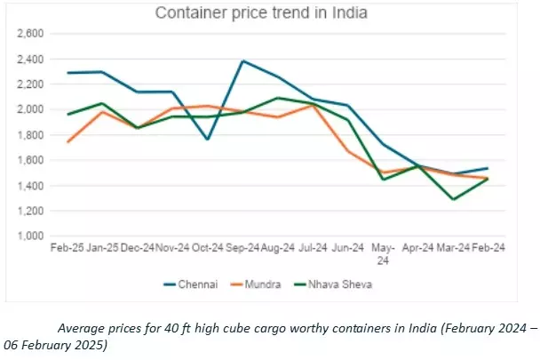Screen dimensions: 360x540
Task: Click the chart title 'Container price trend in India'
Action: [x=262, y=13]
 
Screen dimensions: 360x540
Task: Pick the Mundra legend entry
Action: [x=264, y=285]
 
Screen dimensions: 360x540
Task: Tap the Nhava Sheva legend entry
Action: [x=339, y=285]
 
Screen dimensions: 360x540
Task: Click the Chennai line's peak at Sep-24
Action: [x=242, y=61]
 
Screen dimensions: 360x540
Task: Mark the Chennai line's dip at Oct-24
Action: [x=207, y=140]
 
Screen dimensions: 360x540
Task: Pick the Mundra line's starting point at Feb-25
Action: [x=67, y=142]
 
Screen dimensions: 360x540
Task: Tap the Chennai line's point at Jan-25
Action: [x=102, y=72]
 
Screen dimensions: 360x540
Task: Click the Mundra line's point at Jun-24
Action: [x=347, y=151]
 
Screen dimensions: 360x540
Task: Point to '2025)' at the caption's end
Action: [x=91, y=344]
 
